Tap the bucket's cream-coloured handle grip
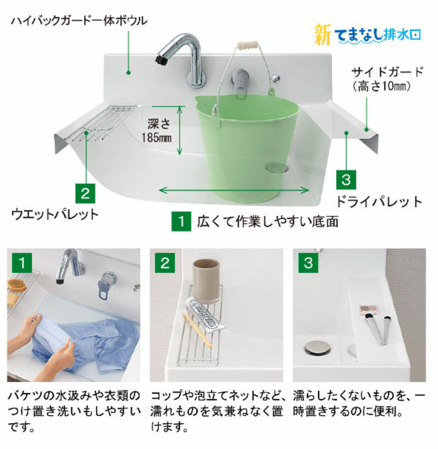tap(248, 45)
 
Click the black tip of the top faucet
tap(161, 60)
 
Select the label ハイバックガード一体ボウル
tap(79, 21)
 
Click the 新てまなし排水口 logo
tap(368, 35)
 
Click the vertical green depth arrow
tap(180, 131)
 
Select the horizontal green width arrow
tap(234, 190)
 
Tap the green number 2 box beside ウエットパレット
tap(85, 194)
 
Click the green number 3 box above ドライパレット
tap(346, 179)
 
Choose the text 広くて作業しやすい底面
tap(268, 221)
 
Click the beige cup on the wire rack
tap(206, 281)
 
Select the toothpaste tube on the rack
tap(205, 315)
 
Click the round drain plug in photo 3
tap(318, 348)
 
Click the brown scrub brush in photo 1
tap(16, 285)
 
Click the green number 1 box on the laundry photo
tap(22, 263)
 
